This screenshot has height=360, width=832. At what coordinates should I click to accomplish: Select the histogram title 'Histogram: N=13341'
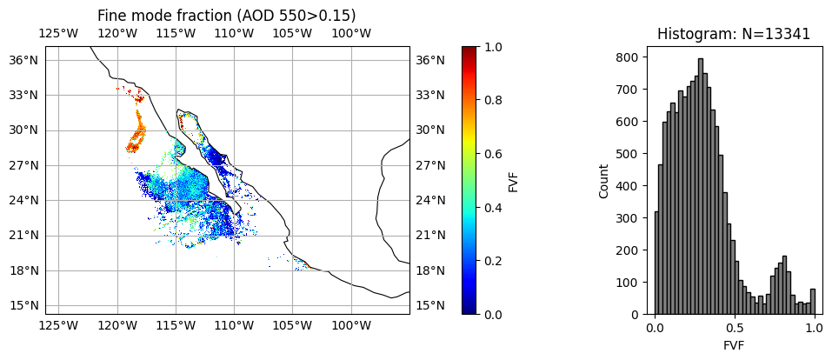click(734, 34)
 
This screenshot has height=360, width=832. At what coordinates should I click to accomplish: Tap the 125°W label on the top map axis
click(58, 34)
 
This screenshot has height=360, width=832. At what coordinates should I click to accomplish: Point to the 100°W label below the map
click(351, 326)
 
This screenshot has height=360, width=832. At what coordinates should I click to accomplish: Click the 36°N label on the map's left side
click(23, 60)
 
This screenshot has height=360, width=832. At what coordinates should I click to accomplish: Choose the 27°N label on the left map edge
click(23, 165)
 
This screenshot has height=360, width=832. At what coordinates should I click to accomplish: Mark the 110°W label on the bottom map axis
click(234, 326)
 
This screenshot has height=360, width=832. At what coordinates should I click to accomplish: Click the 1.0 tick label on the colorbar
click(492, 47)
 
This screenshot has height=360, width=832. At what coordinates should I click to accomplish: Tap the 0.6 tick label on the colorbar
click(492, 154)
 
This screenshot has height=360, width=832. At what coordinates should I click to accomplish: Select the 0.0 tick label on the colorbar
click(492, 314)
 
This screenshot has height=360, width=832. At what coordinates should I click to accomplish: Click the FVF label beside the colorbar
click(514, 181)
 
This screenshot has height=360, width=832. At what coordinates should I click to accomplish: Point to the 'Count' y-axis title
click(604, 181)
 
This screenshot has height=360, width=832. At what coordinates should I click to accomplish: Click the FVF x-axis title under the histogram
click(734, 344)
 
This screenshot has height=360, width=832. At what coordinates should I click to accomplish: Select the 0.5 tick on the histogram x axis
click(735, 330)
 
